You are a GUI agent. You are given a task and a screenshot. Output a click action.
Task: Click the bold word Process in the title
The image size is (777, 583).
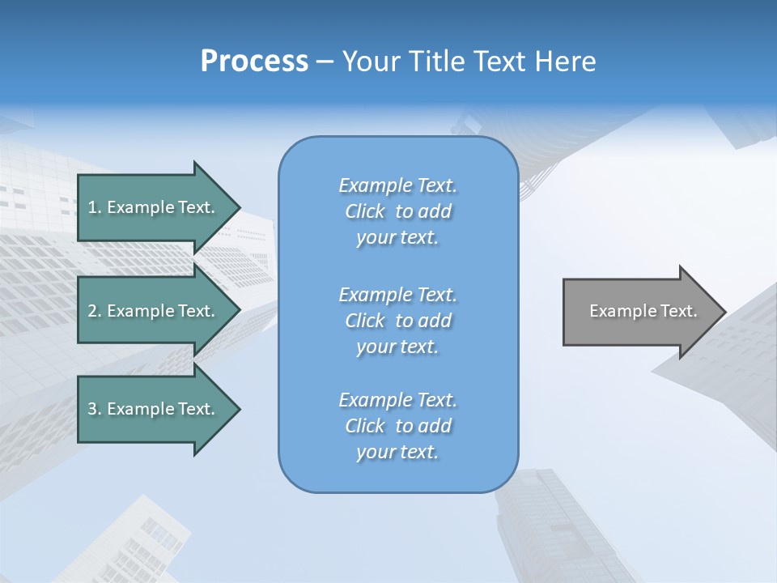(x=254, y=62)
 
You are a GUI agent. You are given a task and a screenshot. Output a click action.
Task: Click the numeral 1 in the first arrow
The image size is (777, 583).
(x=92, y=207)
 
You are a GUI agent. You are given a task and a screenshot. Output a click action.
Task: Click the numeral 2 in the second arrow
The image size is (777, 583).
(x=92, y=311)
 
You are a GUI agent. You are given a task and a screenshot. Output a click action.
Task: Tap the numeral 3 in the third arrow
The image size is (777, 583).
(x=92, y=409)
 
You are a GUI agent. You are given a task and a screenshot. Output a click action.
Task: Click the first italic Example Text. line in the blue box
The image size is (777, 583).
(x=397, y=185)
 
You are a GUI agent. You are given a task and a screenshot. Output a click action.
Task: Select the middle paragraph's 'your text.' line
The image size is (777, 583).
(x=397, y=347)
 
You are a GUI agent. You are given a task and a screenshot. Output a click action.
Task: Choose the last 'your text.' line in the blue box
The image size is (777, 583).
(x=397, y=452)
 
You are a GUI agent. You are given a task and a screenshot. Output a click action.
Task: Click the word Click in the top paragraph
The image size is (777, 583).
(x=364, y=211)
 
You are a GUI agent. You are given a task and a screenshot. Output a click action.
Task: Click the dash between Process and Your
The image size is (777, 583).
(x=325, y=62)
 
